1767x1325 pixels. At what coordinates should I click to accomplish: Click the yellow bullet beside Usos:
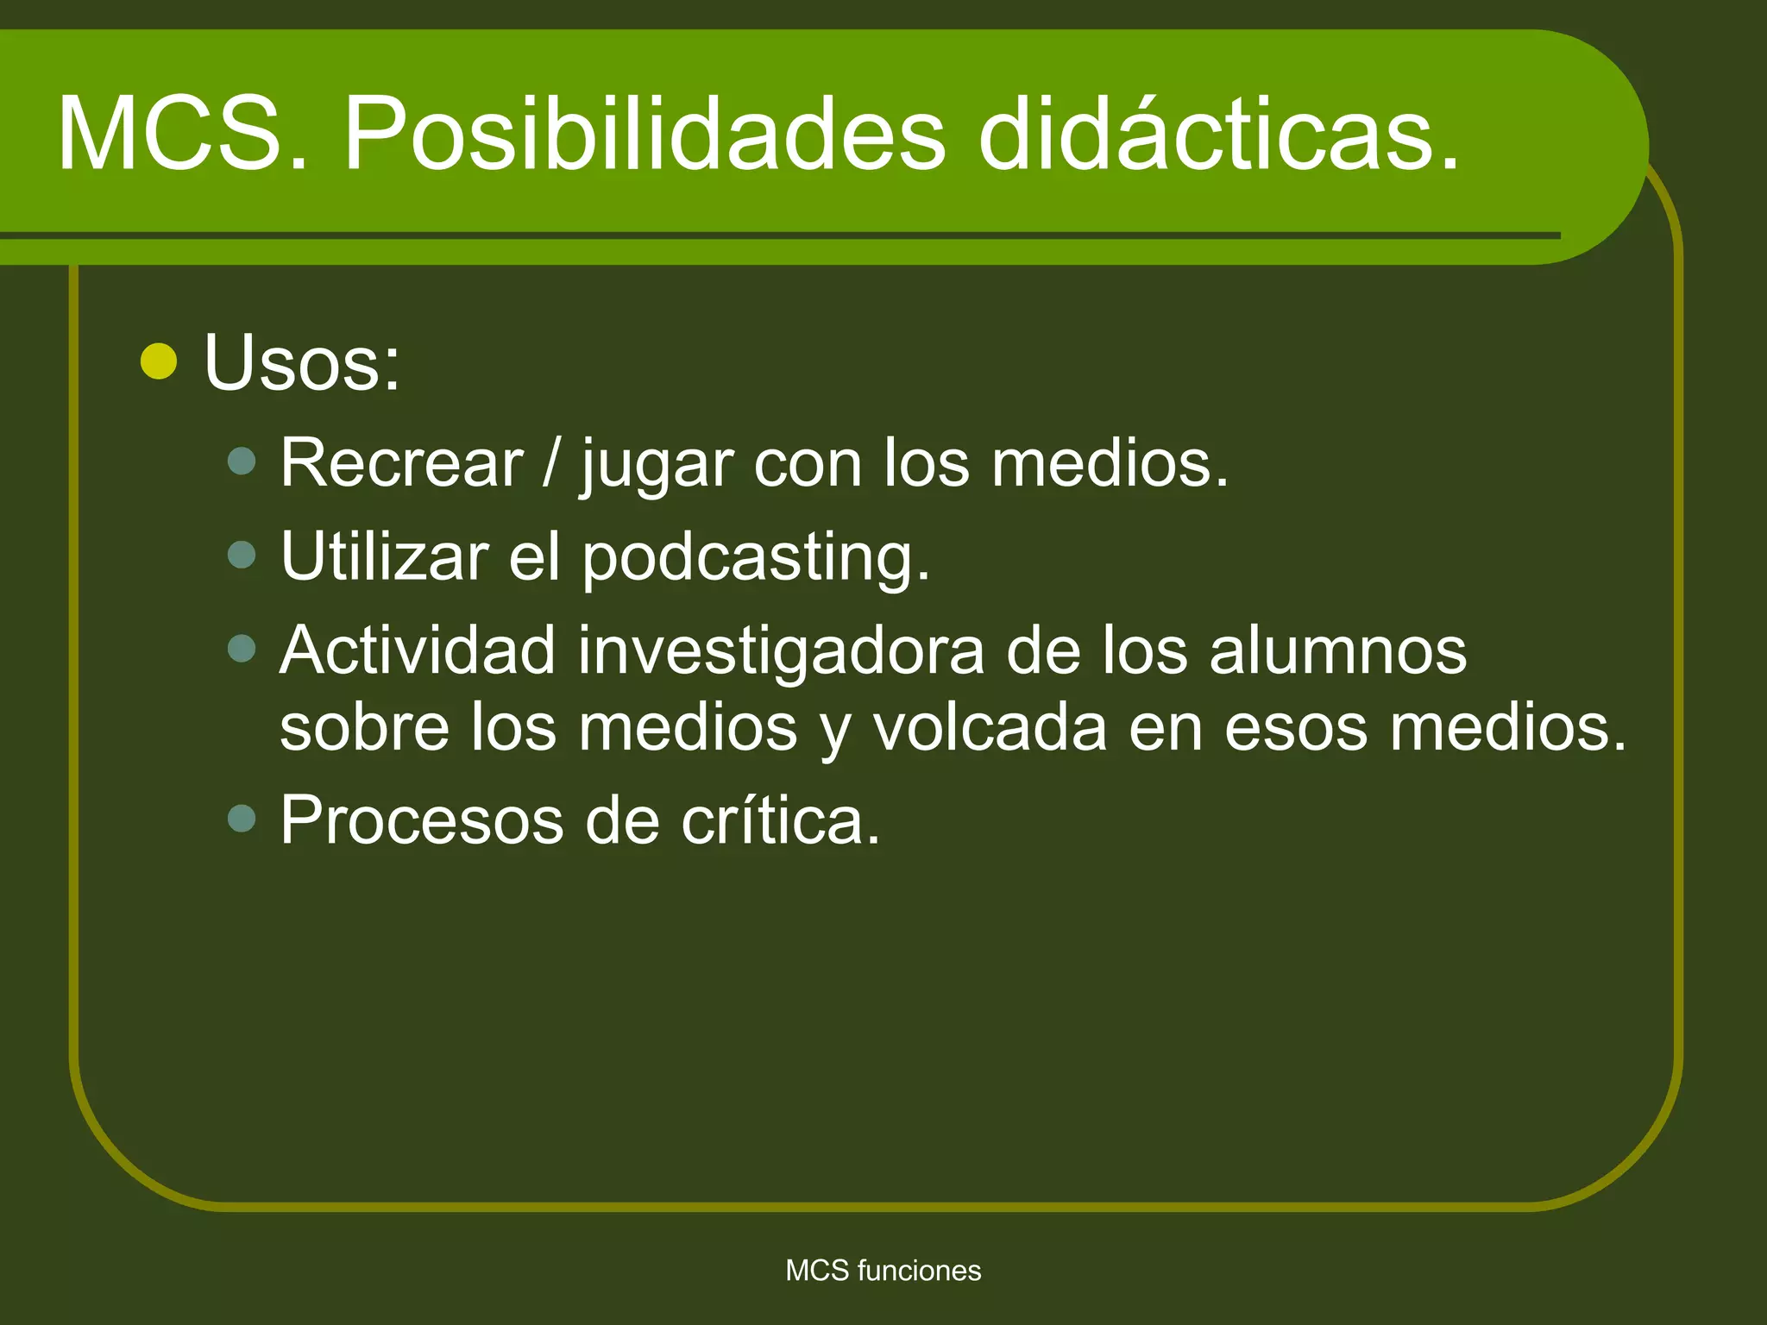pyautogui.click(x=159, y=361)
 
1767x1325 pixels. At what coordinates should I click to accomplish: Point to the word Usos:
pyautogui.click(x=302, y=363)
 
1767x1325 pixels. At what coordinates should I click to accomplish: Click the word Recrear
pyautogui.click(x=402, y=464)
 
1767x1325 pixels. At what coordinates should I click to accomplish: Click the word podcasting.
pyautogui.click(x=756, y=558)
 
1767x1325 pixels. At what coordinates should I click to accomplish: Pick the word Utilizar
pyautogui.click(x=385, y=557)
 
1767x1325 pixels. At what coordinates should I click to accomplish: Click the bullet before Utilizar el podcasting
pyautogui.click(x=242, y=554)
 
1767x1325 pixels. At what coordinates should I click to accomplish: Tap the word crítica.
pyautogui.click(x=780, y=820)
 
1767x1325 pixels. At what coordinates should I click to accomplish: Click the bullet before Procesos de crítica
pyautogui.click(x=242, y=818)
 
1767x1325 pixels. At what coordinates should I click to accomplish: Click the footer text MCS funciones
pyautogui.click(x=883, y=1271)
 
